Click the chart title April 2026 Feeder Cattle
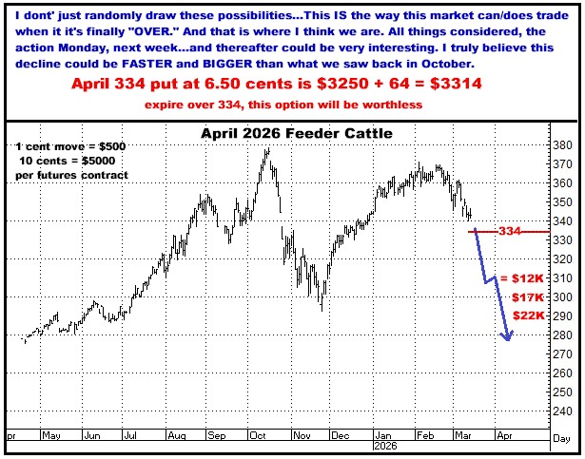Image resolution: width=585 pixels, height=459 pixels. click(296, 133)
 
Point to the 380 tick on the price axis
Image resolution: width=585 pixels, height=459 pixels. click(564, 145)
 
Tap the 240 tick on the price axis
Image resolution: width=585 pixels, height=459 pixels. click(564, 412)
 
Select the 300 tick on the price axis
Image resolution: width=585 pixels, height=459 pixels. click(564, 298)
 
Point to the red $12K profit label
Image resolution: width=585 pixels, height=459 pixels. click(526, 278)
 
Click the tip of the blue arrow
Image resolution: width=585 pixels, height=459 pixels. click(509, 340)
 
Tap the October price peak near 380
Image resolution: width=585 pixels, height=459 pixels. click(266, 149)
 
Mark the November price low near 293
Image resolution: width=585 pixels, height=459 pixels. click(322, 310)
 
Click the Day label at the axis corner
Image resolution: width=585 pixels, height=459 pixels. click(562, 435)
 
